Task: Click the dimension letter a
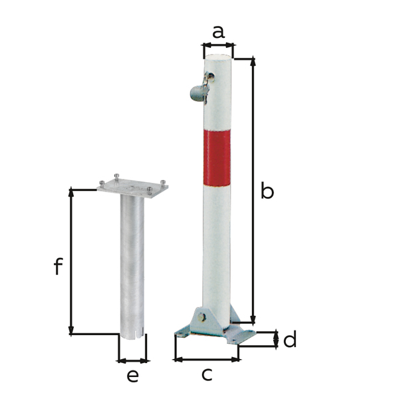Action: tap(218, 31)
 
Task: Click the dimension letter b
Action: tap(267, 192)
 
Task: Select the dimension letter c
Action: tap(207, 374)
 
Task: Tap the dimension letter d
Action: tap(289, 340)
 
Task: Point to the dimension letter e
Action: tap(133, 376)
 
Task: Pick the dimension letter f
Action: tap(58, 267)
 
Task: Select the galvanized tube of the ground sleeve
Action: tap(132, 266)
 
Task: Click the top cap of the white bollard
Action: tap(219, 59)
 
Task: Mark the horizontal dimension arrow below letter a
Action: tap(218, 46)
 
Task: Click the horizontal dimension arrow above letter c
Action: tap(207, 359)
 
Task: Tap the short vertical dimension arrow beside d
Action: tap(276, 340)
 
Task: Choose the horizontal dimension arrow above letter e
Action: tap(133, 360)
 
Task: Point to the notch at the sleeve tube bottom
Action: tap(133, 334)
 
